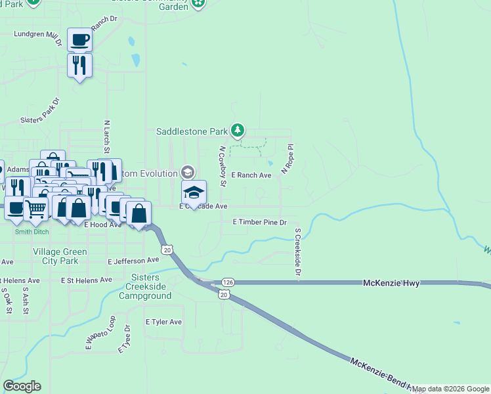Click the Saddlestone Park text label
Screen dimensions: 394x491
(x=192, y=131)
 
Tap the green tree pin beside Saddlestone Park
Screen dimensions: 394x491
(x=240, y=130)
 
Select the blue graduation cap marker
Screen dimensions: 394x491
(x=194, y=193)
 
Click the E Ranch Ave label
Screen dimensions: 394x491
(x=251, y=175)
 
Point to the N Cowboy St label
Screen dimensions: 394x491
(x=223, y=166)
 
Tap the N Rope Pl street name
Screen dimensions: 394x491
(x=286, y=160)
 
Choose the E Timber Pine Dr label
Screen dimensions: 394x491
(x=261, y=223)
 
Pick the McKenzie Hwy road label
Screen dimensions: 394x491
(x=391, y=282)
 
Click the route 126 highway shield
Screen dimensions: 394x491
(x=228, y=282)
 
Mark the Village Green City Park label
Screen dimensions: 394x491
(x=60, y=256)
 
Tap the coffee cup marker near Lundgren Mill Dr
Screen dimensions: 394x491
(x=79, y=41)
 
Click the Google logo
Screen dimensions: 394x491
(x=22, y=386)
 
